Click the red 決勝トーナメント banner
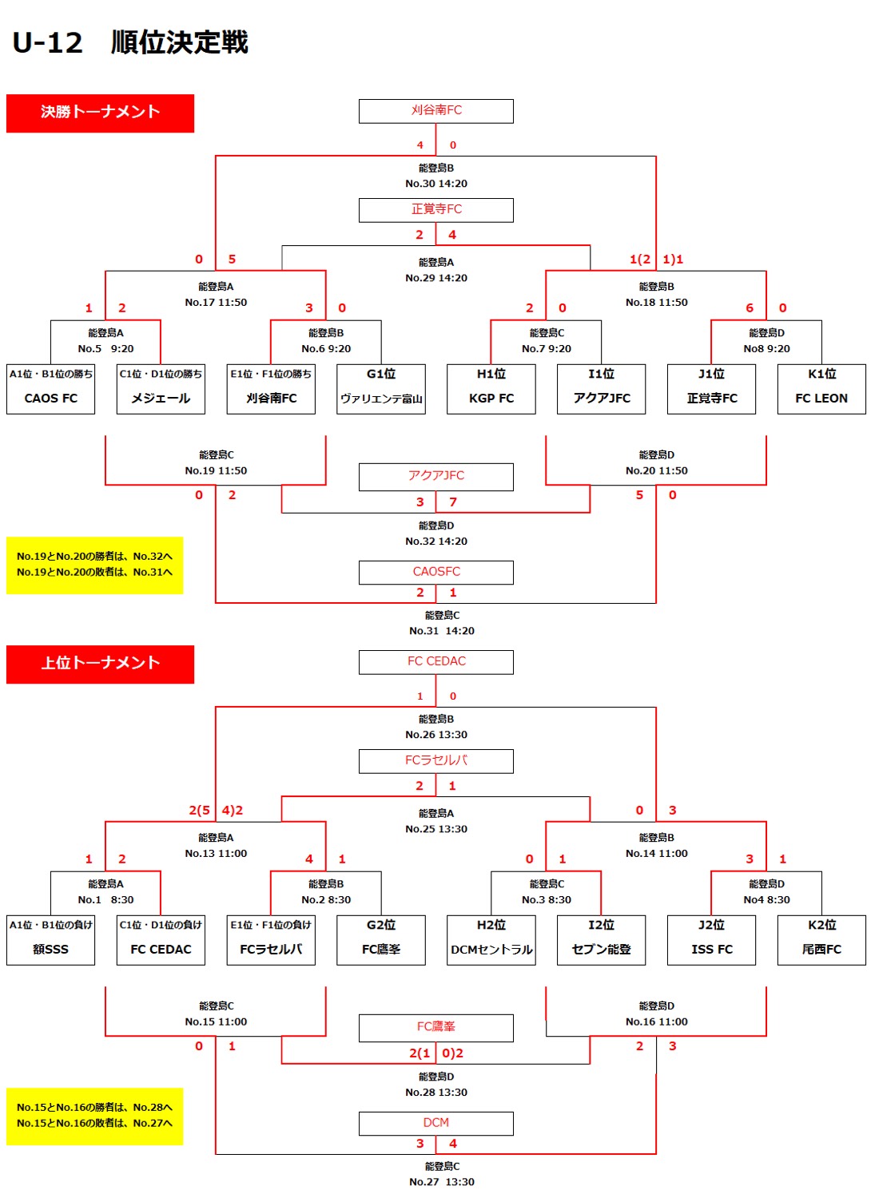(x=100, y=113)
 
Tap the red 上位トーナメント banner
(x=100, y=664)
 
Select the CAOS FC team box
(x=50, y=390)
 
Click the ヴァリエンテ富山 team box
(x=381, y=390)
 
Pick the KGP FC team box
(x=491, y=390)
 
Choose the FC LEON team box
(x=821, y=390)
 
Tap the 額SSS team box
(x=50, y=941)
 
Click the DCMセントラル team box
(x=491, y=941)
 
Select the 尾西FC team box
(x=821, y=941)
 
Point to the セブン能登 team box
(x=601, y=941)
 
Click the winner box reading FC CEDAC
(x=436, y=662)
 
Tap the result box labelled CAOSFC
(x=436, y=572)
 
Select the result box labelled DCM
(x=436, y=1123)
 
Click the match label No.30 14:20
(x=436, y=184)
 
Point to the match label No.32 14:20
(x=436, y=541)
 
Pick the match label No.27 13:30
(x=442, y=1182)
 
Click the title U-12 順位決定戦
(x=130, y=42)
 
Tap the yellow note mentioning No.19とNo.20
(x=94, y=565)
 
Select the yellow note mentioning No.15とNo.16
(x=94, y=1116)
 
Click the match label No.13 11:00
(x=216, y=854)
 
